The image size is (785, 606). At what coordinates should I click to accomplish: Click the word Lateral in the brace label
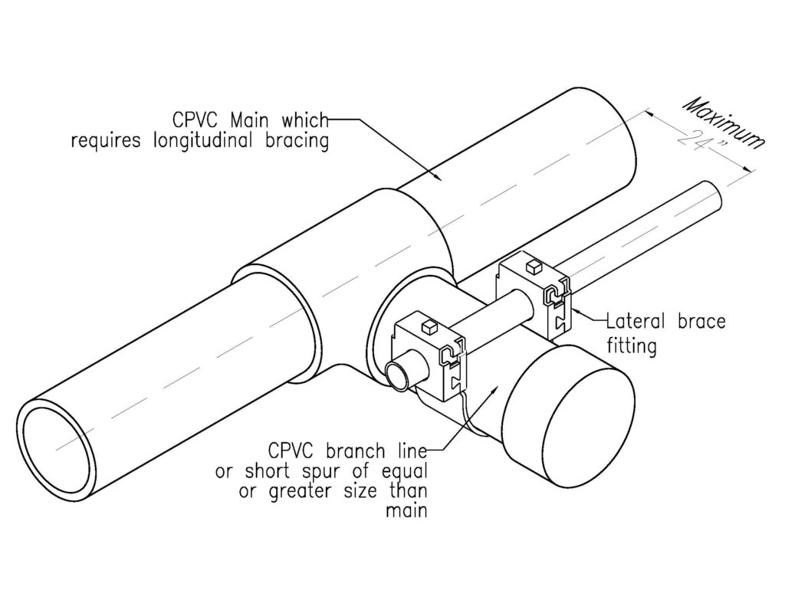pos(634,321)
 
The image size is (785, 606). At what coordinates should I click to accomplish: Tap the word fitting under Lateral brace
pos(631,346)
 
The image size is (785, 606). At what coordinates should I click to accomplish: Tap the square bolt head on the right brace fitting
pos(532,267)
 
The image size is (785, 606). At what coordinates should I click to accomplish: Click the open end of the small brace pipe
pos(398,376)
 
